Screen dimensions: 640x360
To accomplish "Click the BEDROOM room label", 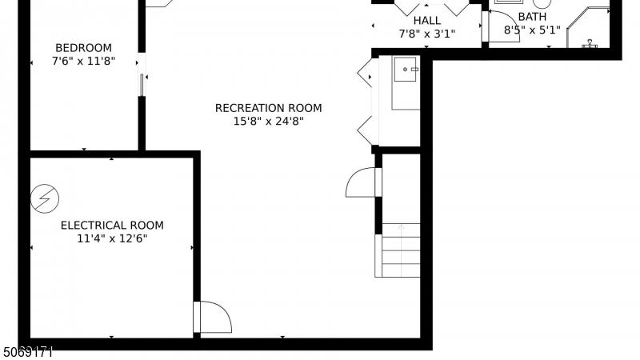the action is pos(83,48).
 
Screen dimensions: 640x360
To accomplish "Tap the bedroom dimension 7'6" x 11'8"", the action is pos(83,62).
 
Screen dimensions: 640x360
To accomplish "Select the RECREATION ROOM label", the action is pos(268,108).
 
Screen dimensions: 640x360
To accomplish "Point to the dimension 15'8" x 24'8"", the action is pos(268,122).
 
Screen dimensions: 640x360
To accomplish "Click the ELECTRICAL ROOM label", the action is pos(112,226).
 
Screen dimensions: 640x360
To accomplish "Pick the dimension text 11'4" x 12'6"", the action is pos(112,238).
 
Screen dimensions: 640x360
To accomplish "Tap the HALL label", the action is pos(427,21).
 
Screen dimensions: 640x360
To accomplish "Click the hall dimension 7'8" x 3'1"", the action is pos(427,34).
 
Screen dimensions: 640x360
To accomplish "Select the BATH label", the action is pos(532,17).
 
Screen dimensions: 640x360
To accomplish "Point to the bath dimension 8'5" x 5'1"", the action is pos(532,30).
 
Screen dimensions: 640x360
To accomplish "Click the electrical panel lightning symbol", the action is pos(45,198).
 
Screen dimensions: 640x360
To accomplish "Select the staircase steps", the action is pos(401,250).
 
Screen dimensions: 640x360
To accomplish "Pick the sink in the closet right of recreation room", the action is pos(406,69).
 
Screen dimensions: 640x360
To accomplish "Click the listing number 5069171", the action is pos(28,352).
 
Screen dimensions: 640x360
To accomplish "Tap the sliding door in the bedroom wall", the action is pos(142,85).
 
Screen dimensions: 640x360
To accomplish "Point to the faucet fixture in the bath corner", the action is pos(590,44).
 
